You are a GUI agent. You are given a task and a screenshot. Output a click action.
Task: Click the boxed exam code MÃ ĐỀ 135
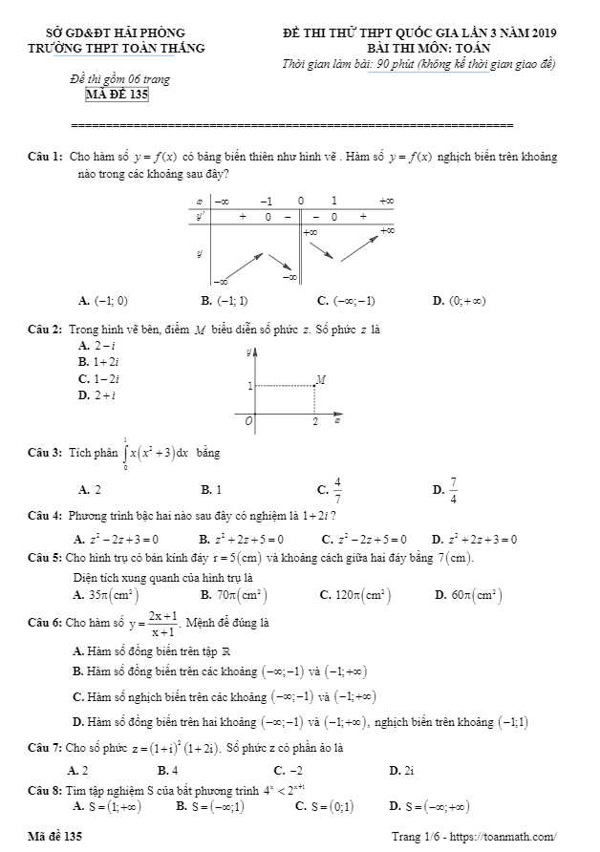tap(116, 94)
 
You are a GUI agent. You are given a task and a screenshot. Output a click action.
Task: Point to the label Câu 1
tap(45, 156)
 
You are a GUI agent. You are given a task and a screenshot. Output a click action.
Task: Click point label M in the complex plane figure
tap(321, 379)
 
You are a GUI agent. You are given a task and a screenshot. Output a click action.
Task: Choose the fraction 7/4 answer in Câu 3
tap(452, 490)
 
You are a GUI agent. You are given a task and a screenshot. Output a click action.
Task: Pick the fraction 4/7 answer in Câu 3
tap(337, 490)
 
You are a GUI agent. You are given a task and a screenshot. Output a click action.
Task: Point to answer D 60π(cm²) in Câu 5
tap(475, 595)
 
